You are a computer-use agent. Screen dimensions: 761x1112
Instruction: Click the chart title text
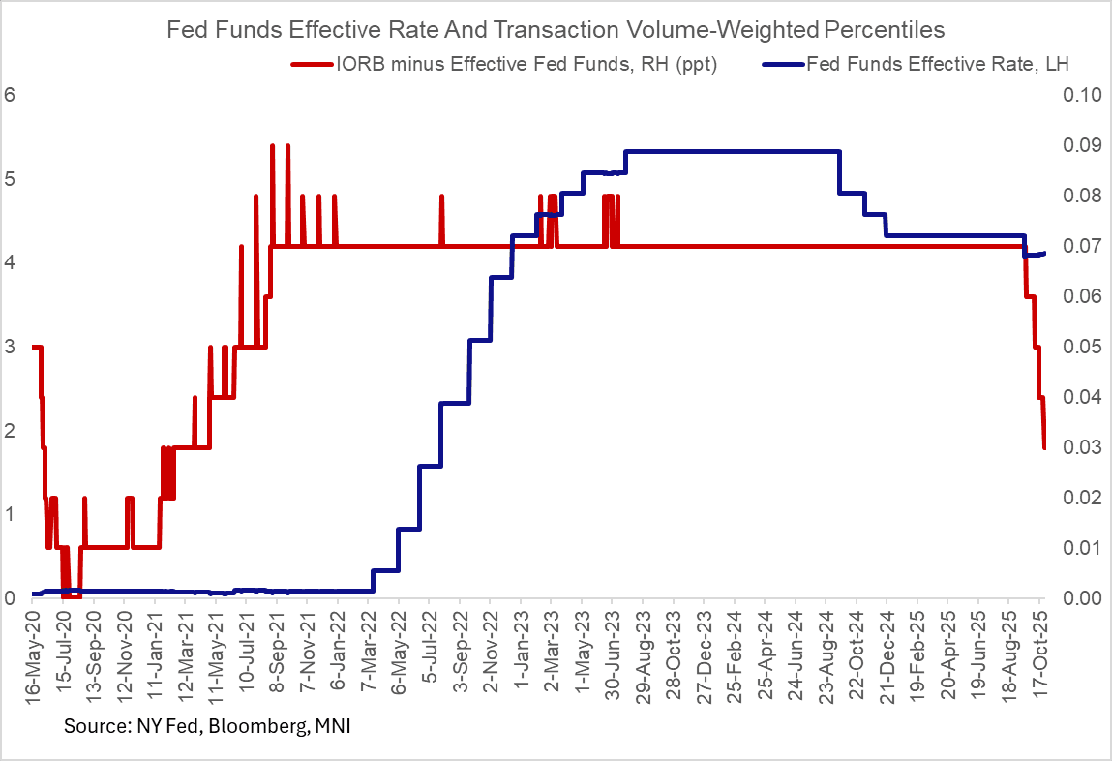[556, 29]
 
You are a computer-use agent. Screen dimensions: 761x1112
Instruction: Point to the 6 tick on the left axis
[11, 95]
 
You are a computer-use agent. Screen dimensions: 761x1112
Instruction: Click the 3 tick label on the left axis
[11, 347]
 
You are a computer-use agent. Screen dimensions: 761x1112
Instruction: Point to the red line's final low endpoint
[1044, 447]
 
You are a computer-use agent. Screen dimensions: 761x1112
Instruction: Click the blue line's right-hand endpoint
[1044, 253]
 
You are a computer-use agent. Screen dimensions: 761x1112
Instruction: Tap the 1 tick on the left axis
[11, 514]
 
